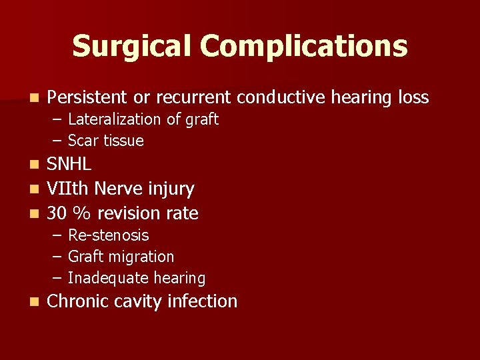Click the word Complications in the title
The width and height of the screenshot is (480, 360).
[303, 47]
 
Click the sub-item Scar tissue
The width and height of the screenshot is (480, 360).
[106, 141]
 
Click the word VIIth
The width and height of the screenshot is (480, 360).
[69, 189]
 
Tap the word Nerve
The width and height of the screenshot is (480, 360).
[119, 189]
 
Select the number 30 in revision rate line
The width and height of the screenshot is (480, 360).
[57, 213]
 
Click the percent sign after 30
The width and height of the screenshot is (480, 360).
[83, 213]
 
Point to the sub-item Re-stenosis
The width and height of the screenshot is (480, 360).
[109, 235]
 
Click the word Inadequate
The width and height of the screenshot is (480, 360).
[107, 278]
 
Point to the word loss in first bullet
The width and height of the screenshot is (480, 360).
[413, 97]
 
